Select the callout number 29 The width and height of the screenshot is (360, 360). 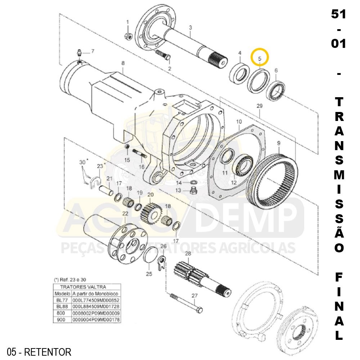260,106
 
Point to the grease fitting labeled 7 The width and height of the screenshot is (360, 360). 80,54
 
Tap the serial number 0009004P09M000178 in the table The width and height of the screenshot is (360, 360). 96,319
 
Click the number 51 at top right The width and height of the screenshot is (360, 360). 338,15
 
